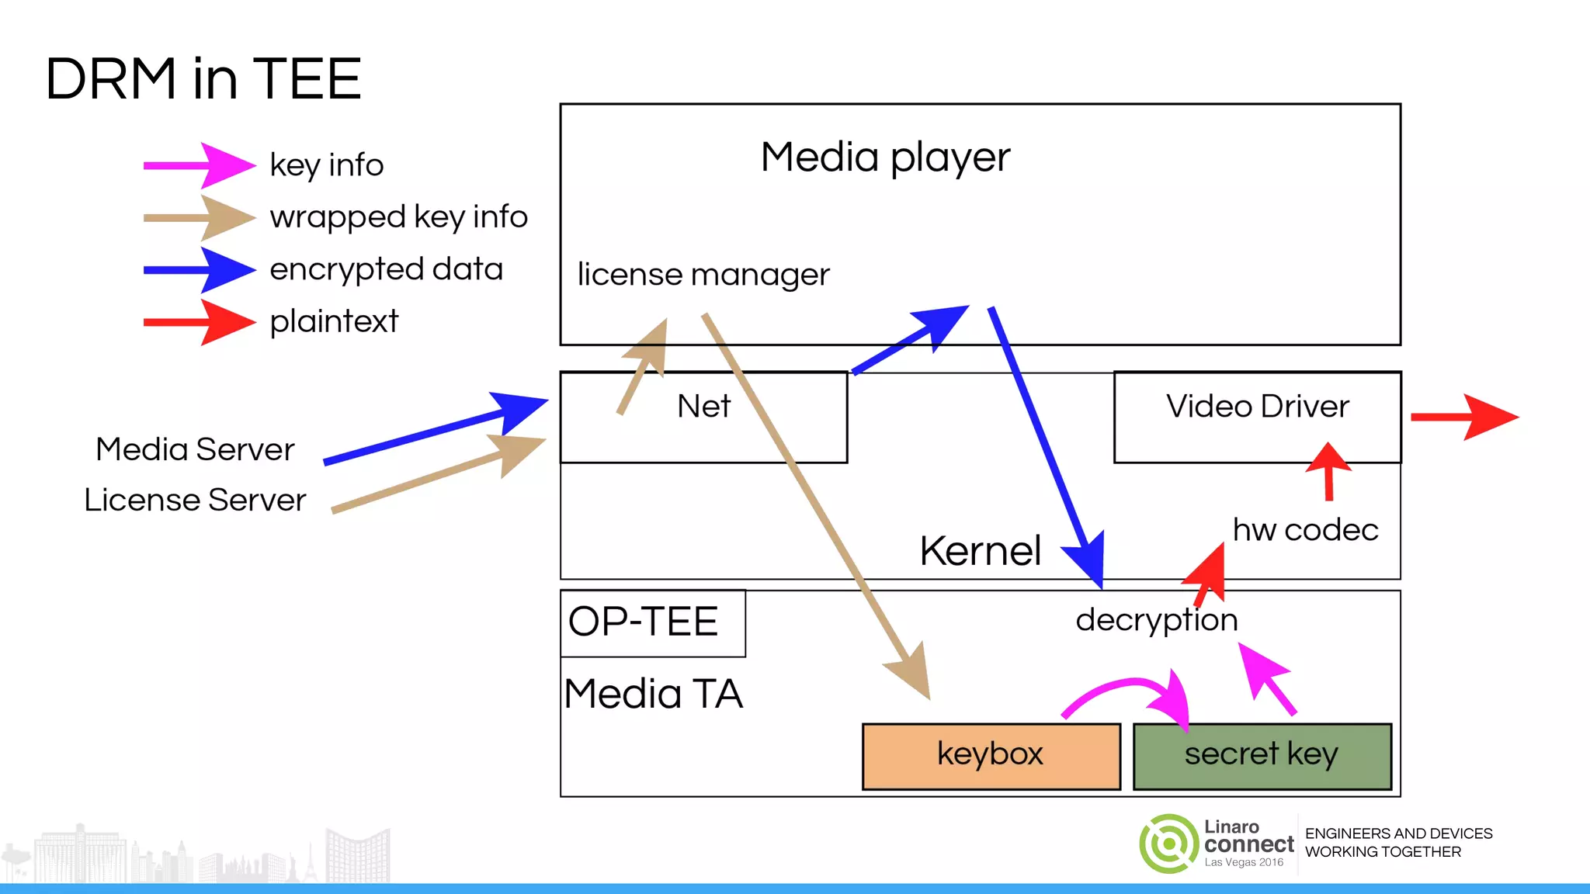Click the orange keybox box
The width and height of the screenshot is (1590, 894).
point(991,756)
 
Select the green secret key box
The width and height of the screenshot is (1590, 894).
point(1262,756)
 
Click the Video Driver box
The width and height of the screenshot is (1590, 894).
point(1257,417)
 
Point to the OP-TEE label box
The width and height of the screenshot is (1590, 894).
point(652,622)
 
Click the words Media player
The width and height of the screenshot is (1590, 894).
point(885,158)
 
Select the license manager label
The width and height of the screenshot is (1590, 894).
point(703,275)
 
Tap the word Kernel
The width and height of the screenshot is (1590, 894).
point(980,551)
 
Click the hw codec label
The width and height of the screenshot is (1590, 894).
point(1305,530)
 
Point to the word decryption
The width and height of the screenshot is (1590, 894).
point(1156,620)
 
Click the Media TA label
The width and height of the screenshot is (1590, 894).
point(653,694)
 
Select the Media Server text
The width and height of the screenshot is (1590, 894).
point(195,449)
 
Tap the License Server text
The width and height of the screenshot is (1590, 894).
point(195,500)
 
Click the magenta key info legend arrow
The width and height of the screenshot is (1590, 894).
point(200,165)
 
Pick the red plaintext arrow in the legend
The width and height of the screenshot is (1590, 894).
point(200,321)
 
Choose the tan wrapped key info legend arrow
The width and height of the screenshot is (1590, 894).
point(200,217)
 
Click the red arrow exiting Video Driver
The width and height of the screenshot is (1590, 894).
point(1463,418)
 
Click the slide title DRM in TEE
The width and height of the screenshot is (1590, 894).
point(203,79)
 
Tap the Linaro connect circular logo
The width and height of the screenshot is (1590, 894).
point(1169,844)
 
